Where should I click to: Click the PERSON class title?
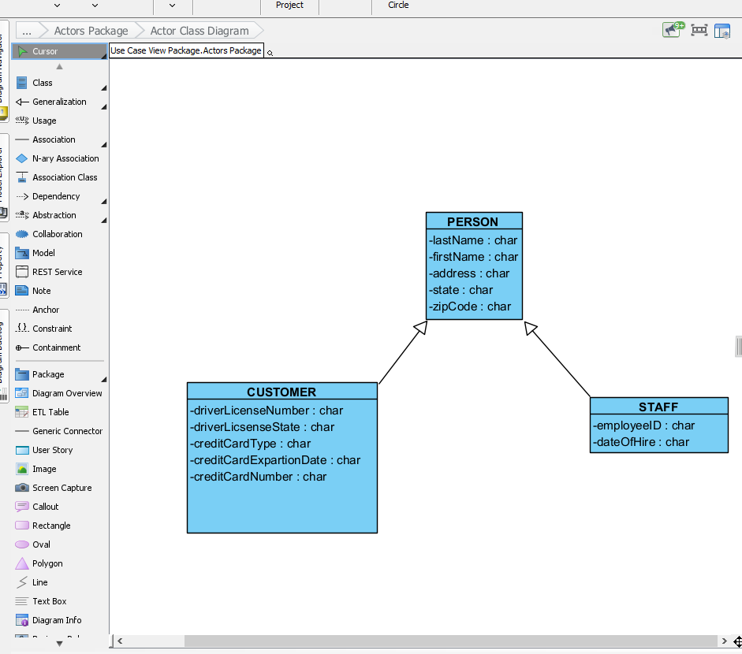pos(473,221)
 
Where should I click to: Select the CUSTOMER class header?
pos(282,392)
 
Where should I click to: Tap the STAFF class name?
pos(658,407)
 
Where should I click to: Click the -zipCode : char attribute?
pos(470,307)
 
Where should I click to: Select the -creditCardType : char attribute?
pos(251,444)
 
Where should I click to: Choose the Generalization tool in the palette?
pos(59,102)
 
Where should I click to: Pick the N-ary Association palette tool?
pos(65,158)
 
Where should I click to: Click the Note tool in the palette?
pos(41,291)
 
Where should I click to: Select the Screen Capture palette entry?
pos(62,488)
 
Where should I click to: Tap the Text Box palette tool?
pos(49,601)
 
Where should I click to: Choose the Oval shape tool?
pos(41,544)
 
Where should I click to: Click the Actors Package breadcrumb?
pos(91,31)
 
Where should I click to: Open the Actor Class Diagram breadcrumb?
pos(199,31)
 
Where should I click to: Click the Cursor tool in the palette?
pos(45,51)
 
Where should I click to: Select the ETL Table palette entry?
pos(50,412)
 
